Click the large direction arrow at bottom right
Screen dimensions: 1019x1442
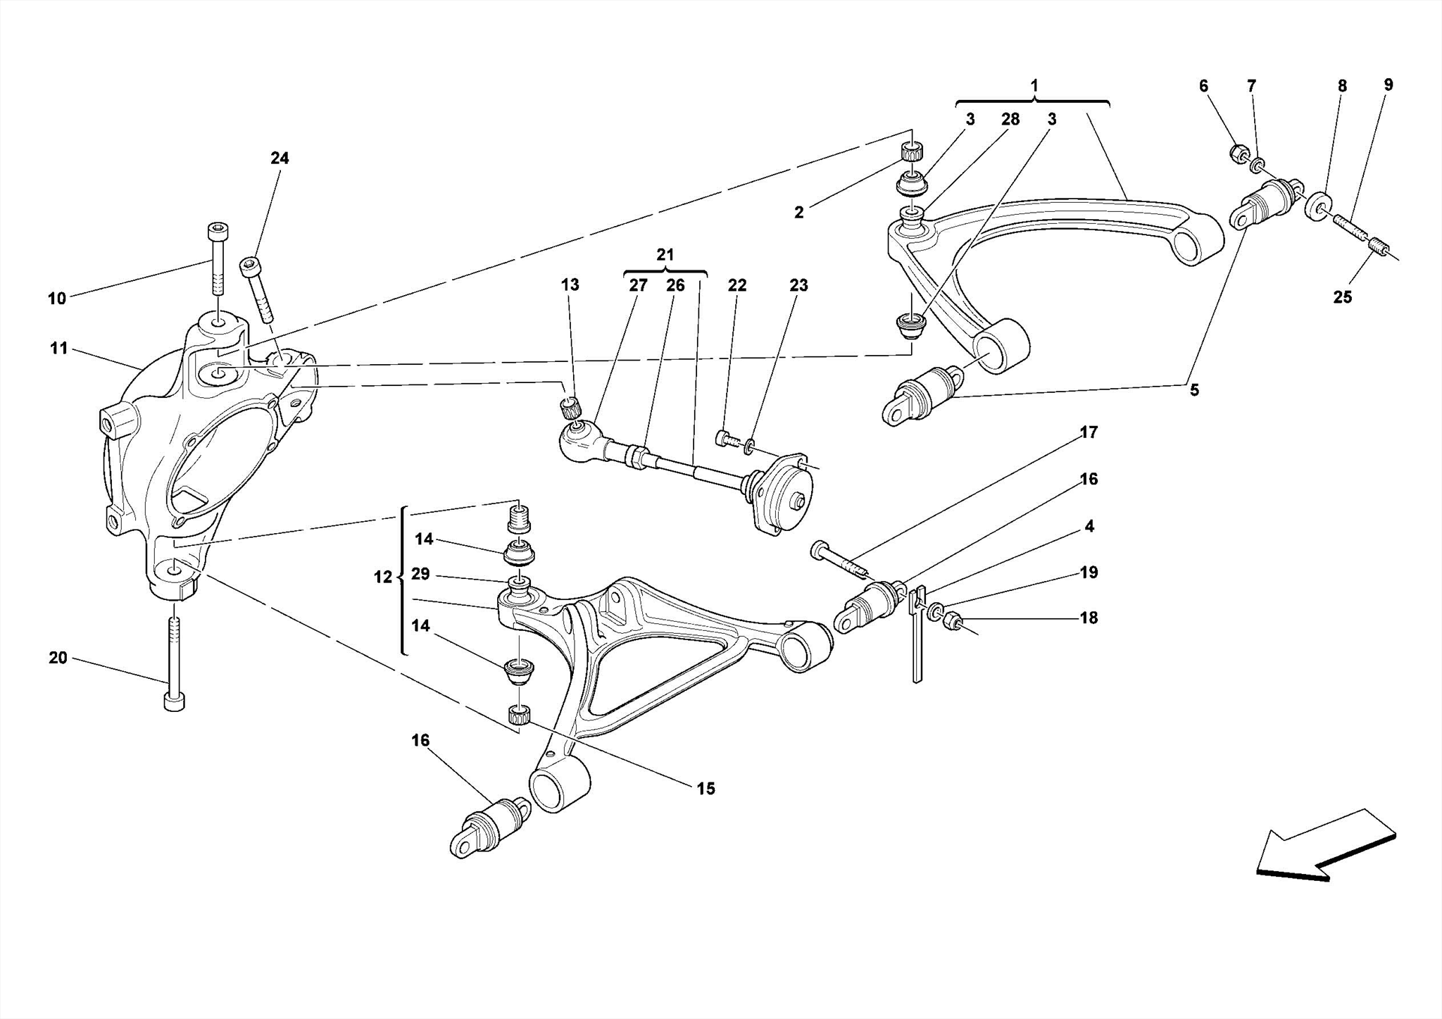point(1324,845)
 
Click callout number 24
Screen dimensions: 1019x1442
point(280,158)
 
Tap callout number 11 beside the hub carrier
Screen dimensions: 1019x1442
point(58,349)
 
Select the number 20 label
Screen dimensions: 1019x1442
point(58,658)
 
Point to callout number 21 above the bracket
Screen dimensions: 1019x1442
point(665,255)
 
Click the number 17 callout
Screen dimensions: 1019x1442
point(1089,432)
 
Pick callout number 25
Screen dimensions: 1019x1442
point(1342,298)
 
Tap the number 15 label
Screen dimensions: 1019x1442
point(706,789)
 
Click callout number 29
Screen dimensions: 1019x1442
point(420,574)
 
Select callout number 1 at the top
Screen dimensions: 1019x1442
point(1034,86)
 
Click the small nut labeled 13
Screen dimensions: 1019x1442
point(569,406)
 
